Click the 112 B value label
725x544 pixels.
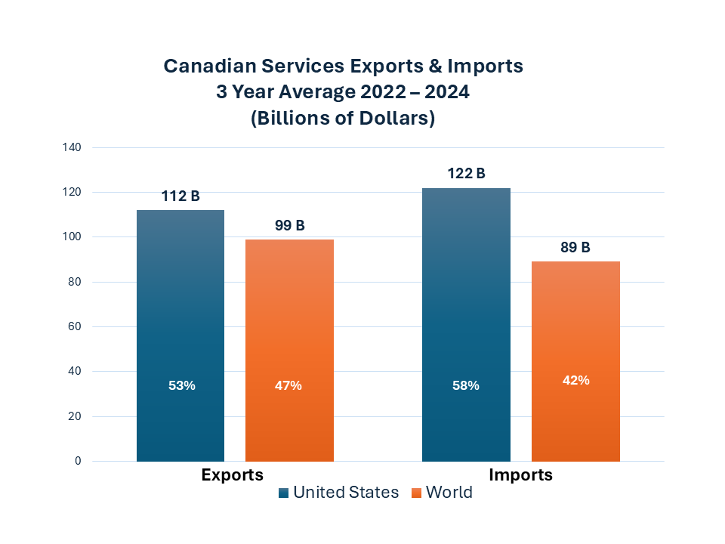pos(180,196)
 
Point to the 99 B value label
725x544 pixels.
pos(289,226)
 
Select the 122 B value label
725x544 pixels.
pos(466,174)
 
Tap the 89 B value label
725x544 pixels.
pos(575,247)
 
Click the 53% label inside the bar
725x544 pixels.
pos(182,385)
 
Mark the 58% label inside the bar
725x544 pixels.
pos(466,385)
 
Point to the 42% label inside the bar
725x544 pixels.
pos(575,380)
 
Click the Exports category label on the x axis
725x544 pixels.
pos(232,475)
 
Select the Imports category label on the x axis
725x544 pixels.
pos(520,475)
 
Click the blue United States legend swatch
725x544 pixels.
pos(284,493)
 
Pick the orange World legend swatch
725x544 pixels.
pos(416,493)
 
